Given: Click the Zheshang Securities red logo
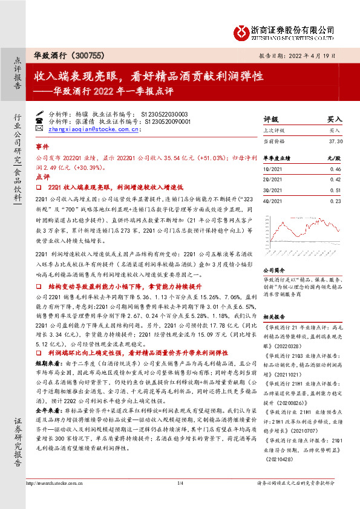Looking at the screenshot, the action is click(242, 30).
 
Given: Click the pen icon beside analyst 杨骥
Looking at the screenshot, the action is click(40, 113).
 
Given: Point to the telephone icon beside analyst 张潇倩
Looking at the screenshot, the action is click(40, 121).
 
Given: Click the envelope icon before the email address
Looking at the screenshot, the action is click(40, 128).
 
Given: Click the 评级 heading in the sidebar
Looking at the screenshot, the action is click(270, 119).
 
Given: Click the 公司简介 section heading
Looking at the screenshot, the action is click(273, 270).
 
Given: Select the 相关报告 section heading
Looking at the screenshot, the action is click(273, 316).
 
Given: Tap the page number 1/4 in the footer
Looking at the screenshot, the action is click(180, 499).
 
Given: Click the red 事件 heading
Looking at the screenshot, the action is click(42, 146).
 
